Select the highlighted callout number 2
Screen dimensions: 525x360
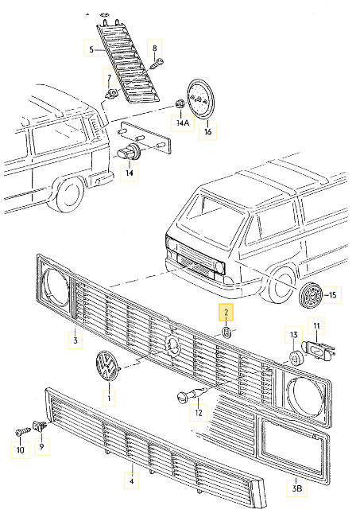[226, 312]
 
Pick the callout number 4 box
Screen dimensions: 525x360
[132, 480]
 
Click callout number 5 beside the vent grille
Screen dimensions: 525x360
[91, 51]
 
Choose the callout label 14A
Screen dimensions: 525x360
[183, 123]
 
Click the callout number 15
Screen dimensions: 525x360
[331, 296]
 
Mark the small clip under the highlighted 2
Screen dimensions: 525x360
[226, 331]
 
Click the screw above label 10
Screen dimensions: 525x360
[21, 432]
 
